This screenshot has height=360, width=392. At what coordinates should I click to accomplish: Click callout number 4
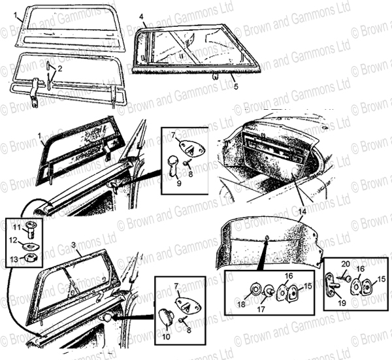point(142,17)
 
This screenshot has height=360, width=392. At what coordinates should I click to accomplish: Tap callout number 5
point(236,86)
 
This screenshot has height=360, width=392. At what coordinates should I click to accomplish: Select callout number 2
point(59,69)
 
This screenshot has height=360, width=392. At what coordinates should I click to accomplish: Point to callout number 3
point(73,245)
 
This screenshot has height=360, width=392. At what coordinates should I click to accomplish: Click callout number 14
point(302,212)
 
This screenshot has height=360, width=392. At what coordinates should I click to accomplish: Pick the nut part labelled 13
point(31,257)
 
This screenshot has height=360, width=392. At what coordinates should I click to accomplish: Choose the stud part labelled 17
point(269,291)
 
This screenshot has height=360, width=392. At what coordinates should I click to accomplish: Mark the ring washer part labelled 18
point(255,289)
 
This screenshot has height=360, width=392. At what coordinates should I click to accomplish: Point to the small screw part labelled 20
point(346,278)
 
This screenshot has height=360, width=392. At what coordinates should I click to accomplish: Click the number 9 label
point(179,183)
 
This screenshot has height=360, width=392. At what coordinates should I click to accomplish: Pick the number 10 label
point(166,336)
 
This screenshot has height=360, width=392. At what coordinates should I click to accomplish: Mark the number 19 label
point(342,303)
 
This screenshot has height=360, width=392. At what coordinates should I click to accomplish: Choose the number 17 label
point(261,310)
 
